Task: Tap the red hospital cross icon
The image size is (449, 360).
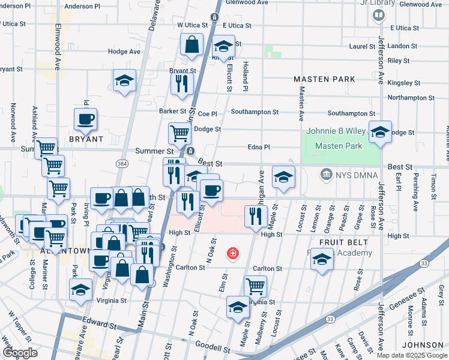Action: [232, 254]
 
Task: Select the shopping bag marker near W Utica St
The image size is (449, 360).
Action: [191, 44]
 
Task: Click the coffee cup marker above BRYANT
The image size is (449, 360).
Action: [85, 119]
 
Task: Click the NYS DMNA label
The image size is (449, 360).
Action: [353, 175]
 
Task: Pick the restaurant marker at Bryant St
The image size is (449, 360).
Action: [182, 83]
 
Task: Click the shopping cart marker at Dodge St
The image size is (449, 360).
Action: [179, 133]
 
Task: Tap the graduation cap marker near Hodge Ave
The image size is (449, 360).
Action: [124, 80]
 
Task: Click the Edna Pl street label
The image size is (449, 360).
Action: [259, 147]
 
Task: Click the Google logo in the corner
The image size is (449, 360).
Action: [20, 353]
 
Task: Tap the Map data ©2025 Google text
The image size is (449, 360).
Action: [412, 355]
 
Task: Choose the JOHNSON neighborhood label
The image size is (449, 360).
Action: [422, 345]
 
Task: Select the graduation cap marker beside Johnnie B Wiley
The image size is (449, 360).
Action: [380, 132]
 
